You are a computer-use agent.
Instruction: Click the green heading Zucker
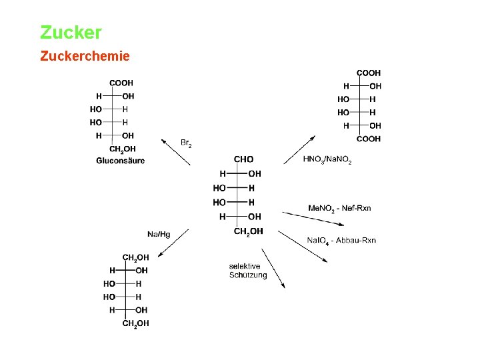[x=71, y=32]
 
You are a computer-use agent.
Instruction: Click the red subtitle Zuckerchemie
[x=85, y=56]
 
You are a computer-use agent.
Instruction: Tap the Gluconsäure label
[x=120, y=161]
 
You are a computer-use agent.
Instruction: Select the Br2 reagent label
[x=186, y=143]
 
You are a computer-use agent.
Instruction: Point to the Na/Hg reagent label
[x=159, y=233]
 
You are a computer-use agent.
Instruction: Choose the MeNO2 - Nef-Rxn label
[x=339, y=209]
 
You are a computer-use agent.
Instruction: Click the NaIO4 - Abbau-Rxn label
[x=341, y=241]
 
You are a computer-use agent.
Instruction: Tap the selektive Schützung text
[x=248, y=271]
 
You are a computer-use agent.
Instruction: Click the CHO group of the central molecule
[x=243, y=159]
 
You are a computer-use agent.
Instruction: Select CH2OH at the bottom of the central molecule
[x=248, y=231]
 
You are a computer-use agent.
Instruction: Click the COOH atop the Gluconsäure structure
[x=121, y=83]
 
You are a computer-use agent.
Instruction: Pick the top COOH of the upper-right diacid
[x=369, y=73]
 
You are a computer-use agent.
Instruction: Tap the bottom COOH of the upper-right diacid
[x=369, y=139]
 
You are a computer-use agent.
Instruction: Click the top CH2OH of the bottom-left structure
[x=135, y=257]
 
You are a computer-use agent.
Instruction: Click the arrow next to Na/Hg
[x=173, y=242]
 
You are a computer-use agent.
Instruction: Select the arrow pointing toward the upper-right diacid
[x=300, y=149]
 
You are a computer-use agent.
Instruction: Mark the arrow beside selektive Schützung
[x=273, y=268]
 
